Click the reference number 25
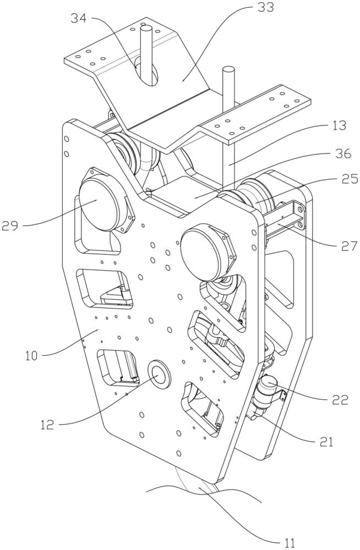click(x=340, y=179)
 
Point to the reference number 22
click(x=340, y=399)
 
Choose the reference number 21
click(x=324, y=440)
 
